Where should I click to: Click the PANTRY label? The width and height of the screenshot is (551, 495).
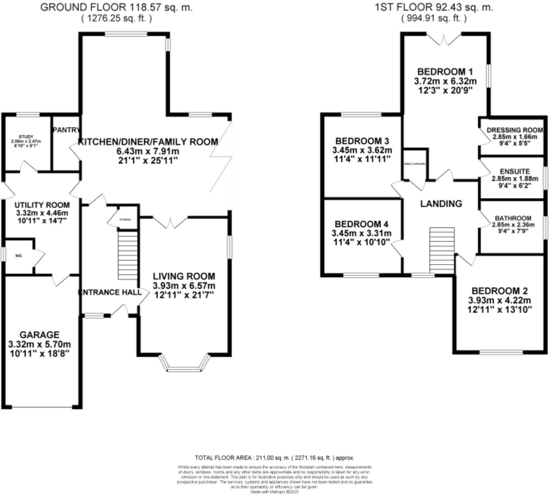point(66,130)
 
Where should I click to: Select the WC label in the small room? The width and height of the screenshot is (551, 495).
point(19,256)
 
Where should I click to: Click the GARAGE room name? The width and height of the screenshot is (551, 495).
point(39,335)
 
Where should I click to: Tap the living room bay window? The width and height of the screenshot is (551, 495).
point(184,369)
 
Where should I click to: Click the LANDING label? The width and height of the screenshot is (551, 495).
point(441,204)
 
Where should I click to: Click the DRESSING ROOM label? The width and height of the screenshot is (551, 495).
point(514,130)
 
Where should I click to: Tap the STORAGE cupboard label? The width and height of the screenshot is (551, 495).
point(125,220)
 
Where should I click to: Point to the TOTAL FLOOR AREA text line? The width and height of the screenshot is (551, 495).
point(274,458)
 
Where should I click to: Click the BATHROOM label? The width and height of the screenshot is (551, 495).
point(513,218)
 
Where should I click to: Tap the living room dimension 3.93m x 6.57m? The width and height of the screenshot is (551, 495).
point(184,286)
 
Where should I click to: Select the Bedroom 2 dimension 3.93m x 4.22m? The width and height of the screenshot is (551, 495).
point(499,300)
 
